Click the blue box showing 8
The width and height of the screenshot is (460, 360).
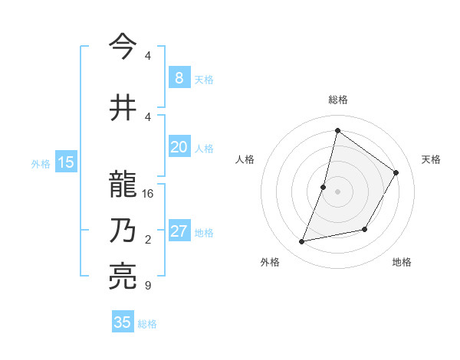(179, 77)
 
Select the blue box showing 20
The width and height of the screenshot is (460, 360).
(179, 147)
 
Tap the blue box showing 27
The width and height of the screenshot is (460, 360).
(179, 231)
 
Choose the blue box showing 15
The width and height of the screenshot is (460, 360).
(66, 162)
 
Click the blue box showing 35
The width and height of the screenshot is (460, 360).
(123, 322)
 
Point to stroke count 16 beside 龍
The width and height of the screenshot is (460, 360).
(148, 193)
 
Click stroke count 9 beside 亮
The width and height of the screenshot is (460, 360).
(147, 286)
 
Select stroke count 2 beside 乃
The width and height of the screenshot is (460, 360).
(147, 240)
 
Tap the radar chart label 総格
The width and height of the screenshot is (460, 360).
(337, 100)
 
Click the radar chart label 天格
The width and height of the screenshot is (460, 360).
(431, 159)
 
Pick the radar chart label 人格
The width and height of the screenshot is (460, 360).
(245, 159)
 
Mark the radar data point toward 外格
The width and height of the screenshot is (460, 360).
(302, 242)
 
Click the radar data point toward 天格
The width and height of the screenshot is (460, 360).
(396, 172)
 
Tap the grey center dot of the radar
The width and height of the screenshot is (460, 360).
(337, 191)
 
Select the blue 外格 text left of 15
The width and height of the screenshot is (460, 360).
(41, 162)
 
